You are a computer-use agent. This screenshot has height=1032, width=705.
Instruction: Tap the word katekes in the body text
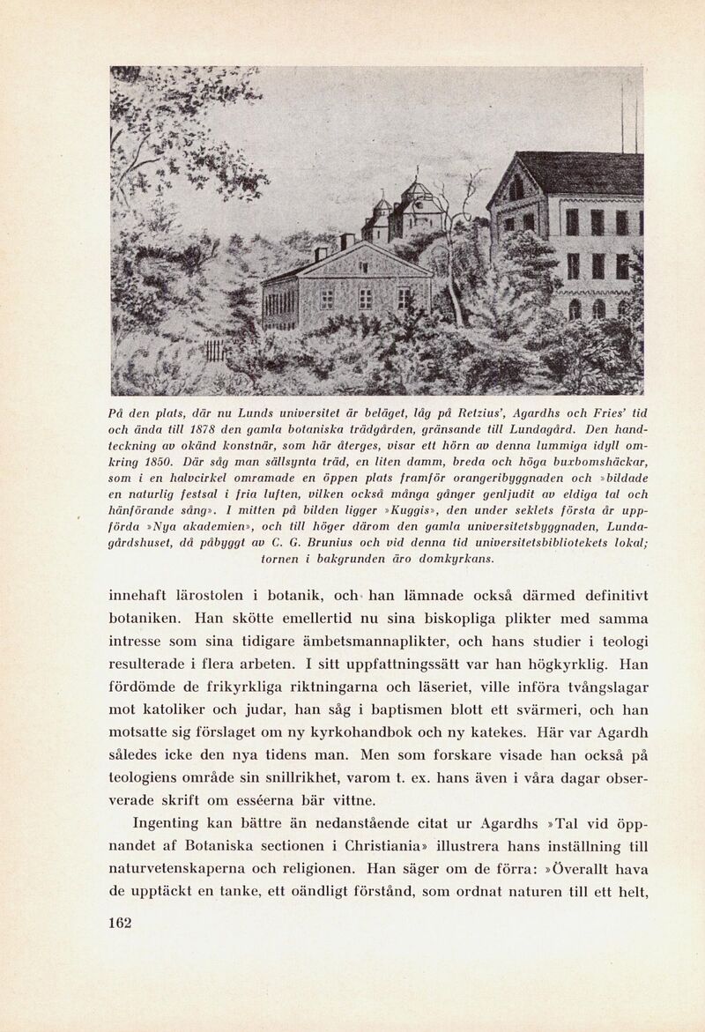[495, 731]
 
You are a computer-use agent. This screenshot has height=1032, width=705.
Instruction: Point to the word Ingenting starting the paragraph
[168, 825]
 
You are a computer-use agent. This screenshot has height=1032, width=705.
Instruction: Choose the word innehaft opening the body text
[139, 594]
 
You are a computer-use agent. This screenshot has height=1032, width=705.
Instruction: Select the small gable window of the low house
[362, 266]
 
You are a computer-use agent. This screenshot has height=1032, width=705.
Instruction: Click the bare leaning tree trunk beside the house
[451, 282]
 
